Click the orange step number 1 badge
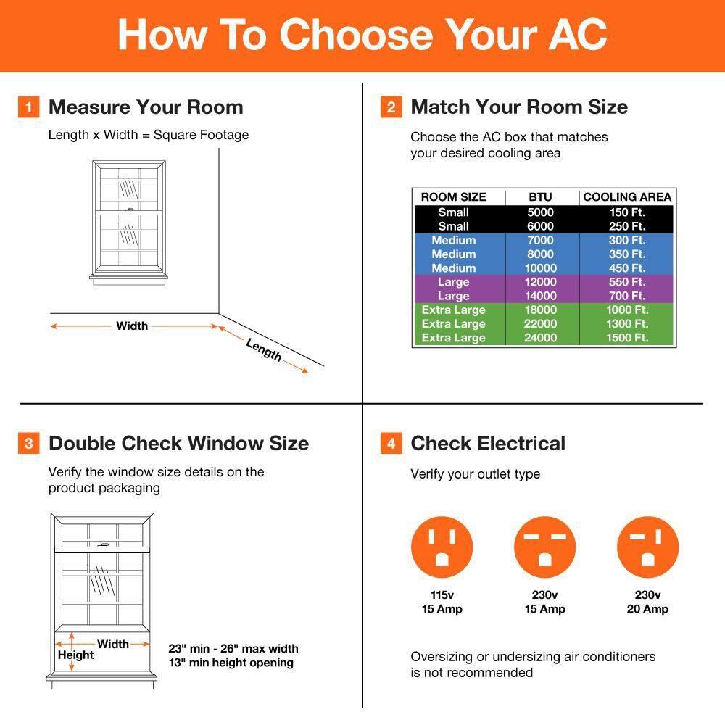click(x=28, y=108)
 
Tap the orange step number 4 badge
click(x=391, y=443)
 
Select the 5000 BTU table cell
click(x=540, y=212)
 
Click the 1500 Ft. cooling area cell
click(x=627, y=338)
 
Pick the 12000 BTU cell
click(x=540, y=282)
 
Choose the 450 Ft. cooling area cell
click(x=627, y=268)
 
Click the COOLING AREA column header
click(x=627, y=197)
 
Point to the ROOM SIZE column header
click(x=453, y=197)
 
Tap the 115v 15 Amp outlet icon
click(x=442, y=547)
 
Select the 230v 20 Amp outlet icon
click(x=647, y=547)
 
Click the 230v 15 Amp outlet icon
click(x=544, y=547)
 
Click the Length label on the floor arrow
click(x=264, y=350)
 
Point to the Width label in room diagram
click(x=132, y=326)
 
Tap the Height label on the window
click(x=76, y=655)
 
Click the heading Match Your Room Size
click(x=519, y=107)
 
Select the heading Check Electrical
click(x=488, y=444)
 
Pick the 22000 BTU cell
click(x=540, y=324)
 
